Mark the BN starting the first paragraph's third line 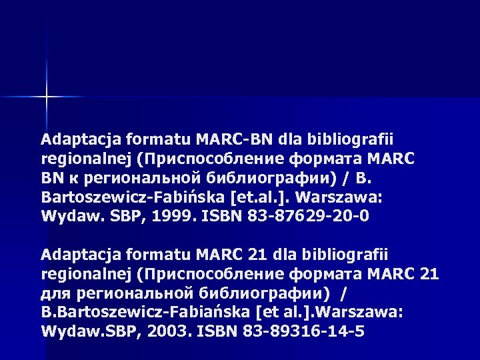click(x=52, y=179)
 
